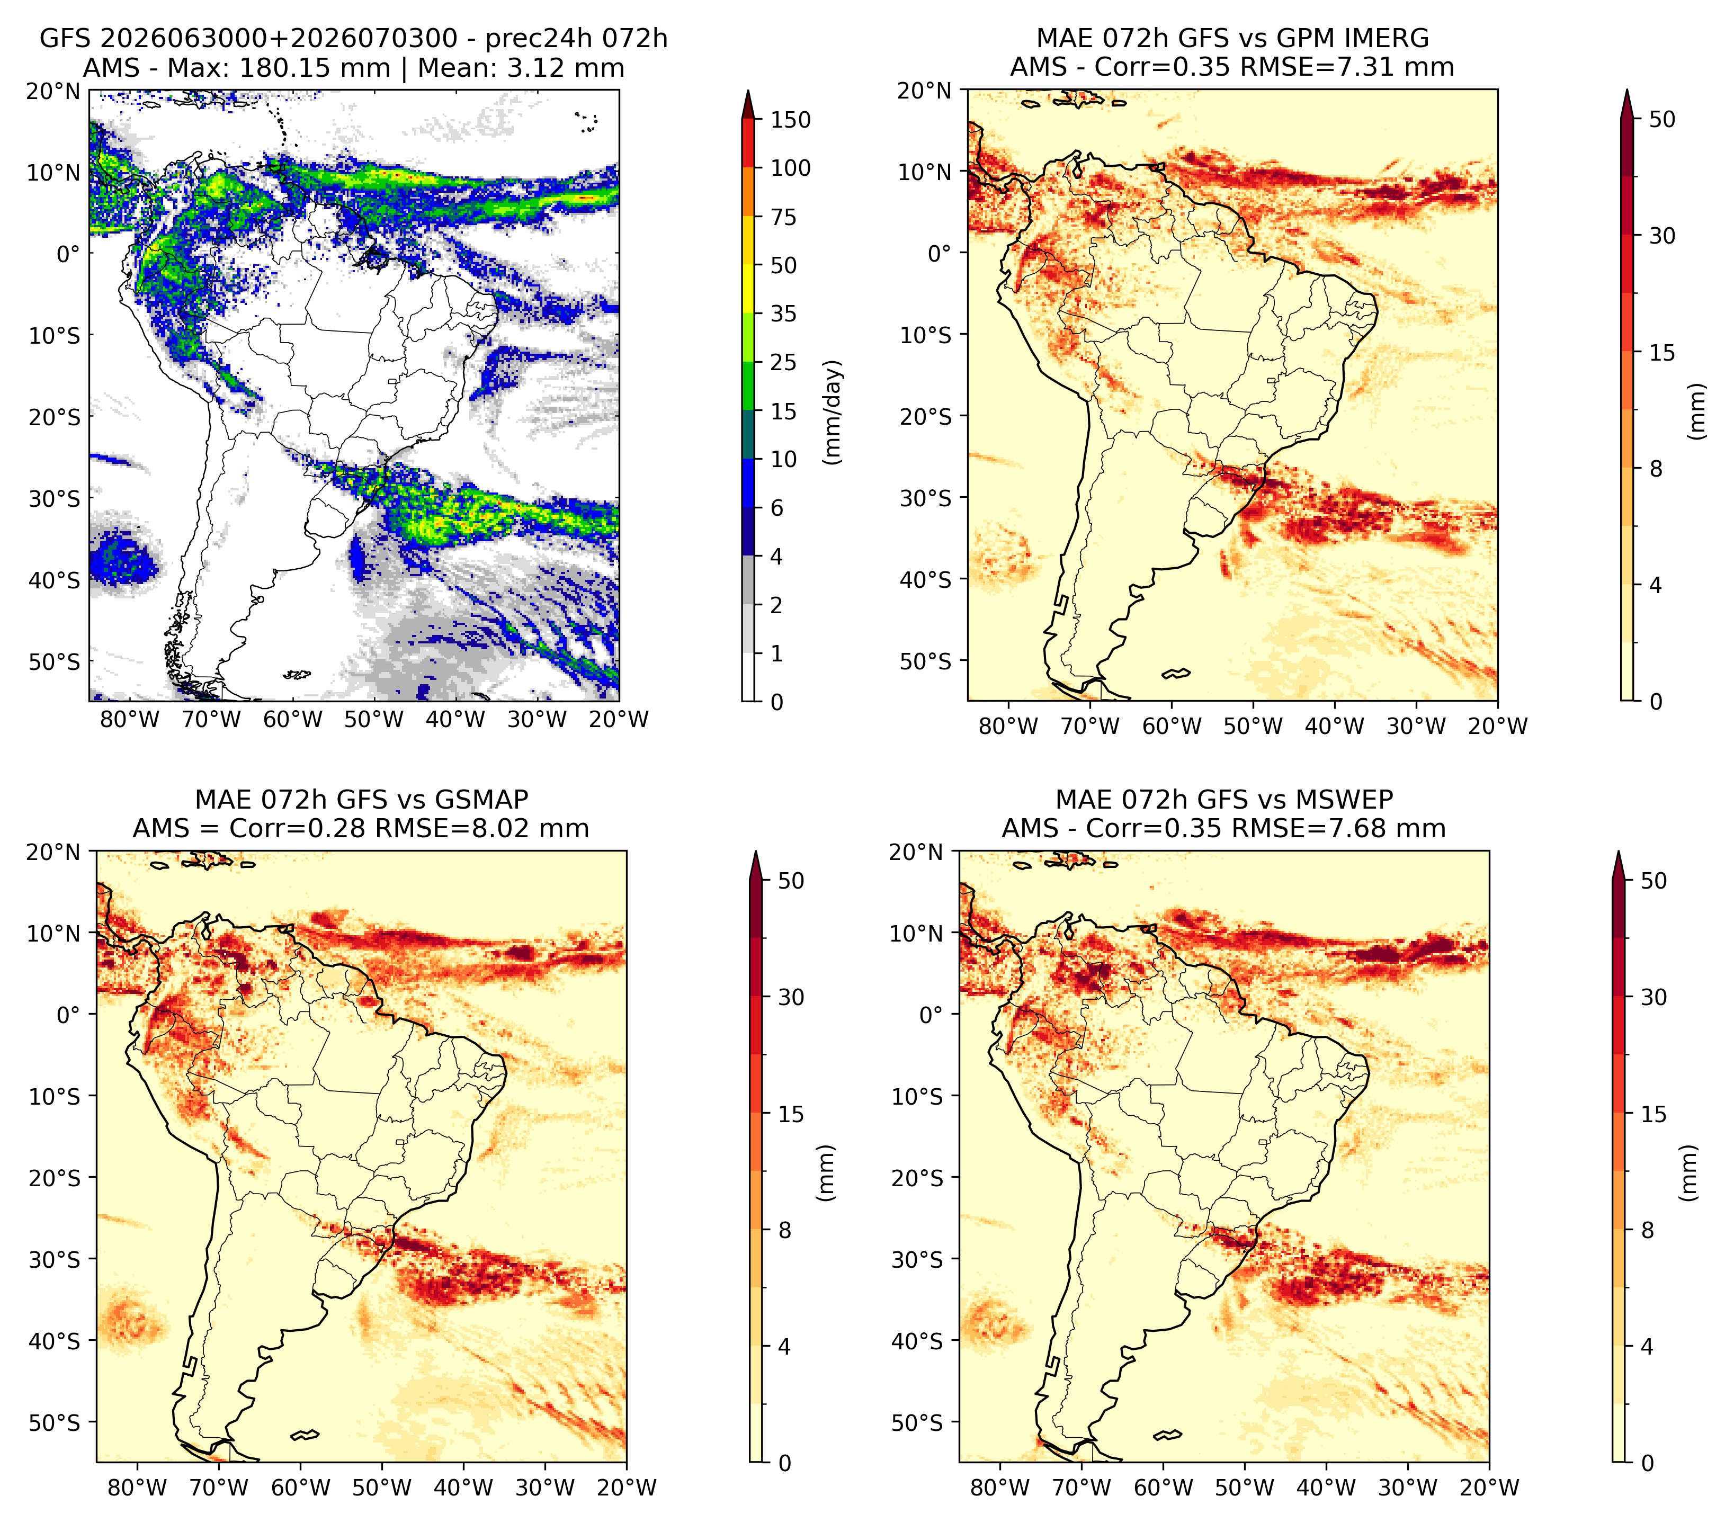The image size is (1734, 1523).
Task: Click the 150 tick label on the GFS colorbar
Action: coord(790,120)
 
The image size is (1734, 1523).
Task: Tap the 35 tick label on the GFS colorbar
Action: coord(783,313)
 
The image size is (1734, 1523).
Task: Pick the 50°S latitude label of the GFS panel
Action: coord(53,661)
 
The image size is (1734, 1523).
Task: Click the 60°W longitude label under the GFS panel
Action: coord(293,720)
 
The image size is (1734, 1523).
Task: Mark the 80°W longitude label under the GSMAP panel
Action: coord(137,1488)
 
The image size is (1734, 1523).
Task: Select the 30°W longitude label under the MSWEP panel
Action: coord(1407,1488)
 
